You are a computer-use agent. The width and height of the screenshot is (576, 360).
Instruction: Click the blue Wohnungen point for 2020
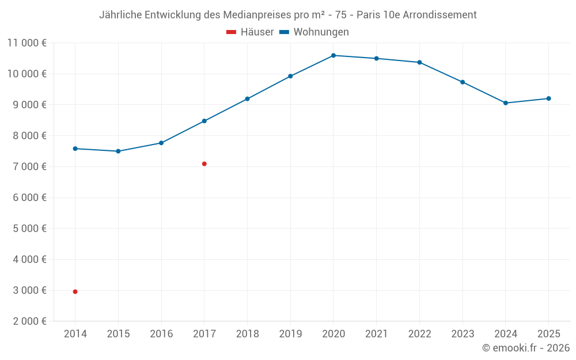pos(334,55)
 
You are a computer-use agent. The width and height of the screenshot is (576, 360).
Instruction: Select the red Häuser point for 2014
pos(75,291)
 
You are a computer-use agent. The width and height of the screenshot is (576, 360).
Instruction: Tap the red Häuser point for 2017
pos(204,164)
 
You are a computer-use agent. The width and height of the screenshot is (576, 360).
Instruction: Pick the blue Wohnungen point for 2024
pos(506,103)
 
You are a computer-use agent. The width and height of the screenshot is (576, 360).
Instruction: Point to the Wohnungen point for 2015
pos(118,151)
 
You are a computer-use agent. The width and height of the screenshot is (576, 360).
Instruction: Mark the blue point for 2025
pos(548,98)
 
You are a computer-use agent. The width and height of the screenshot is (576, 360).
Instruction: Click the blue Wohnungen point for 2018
pos(247,99)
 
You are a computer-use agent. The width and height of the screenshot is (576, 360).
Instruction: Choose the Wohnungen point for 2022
pos(419,62)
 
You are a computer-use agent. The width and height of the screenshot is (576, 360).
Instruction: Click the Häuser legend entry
pos(250,32)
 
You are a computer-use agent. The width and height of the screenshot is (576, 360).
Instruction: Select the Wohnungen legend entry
pos(314,32)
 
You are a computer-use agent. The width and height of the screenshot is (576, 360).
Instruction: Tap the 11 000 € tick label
pos(27,43)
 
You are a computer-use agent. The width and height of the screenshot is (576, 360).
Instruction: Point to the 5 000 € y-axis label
pos(30,229)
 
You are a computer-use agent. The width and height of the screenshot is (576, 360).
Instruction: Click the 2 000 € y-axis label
pos(30,321)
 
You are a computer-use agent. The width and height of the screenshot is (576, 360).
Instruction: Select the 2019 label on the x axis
pos(290,334)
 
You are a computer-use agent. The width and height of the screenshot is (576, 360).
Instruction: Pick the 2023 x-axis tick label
pos(463,334)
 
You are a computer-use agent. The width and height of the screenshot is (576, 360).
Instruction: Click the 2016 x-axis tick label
pos(161,334)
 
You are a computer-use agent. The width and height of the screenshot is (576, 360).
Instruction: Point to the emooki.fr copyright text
pos(526,347)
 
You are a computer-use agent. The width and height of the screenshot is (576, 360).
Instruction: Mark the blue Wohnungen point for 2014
pos(75,149)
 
